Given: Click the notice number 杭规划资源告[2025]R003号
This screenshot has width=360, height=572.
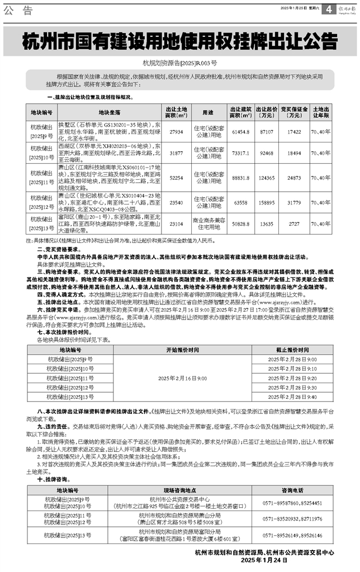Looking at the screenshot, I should click(179, 63).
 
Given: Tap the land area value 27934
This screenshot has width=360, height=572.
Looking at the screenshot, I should click(176, 128).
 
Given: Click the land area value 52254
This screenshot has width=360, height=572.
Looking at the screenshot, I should click(176, 177).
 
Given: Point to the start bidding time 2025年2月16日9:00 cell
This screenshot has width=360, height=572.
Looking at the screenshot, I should click(182, 379).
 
